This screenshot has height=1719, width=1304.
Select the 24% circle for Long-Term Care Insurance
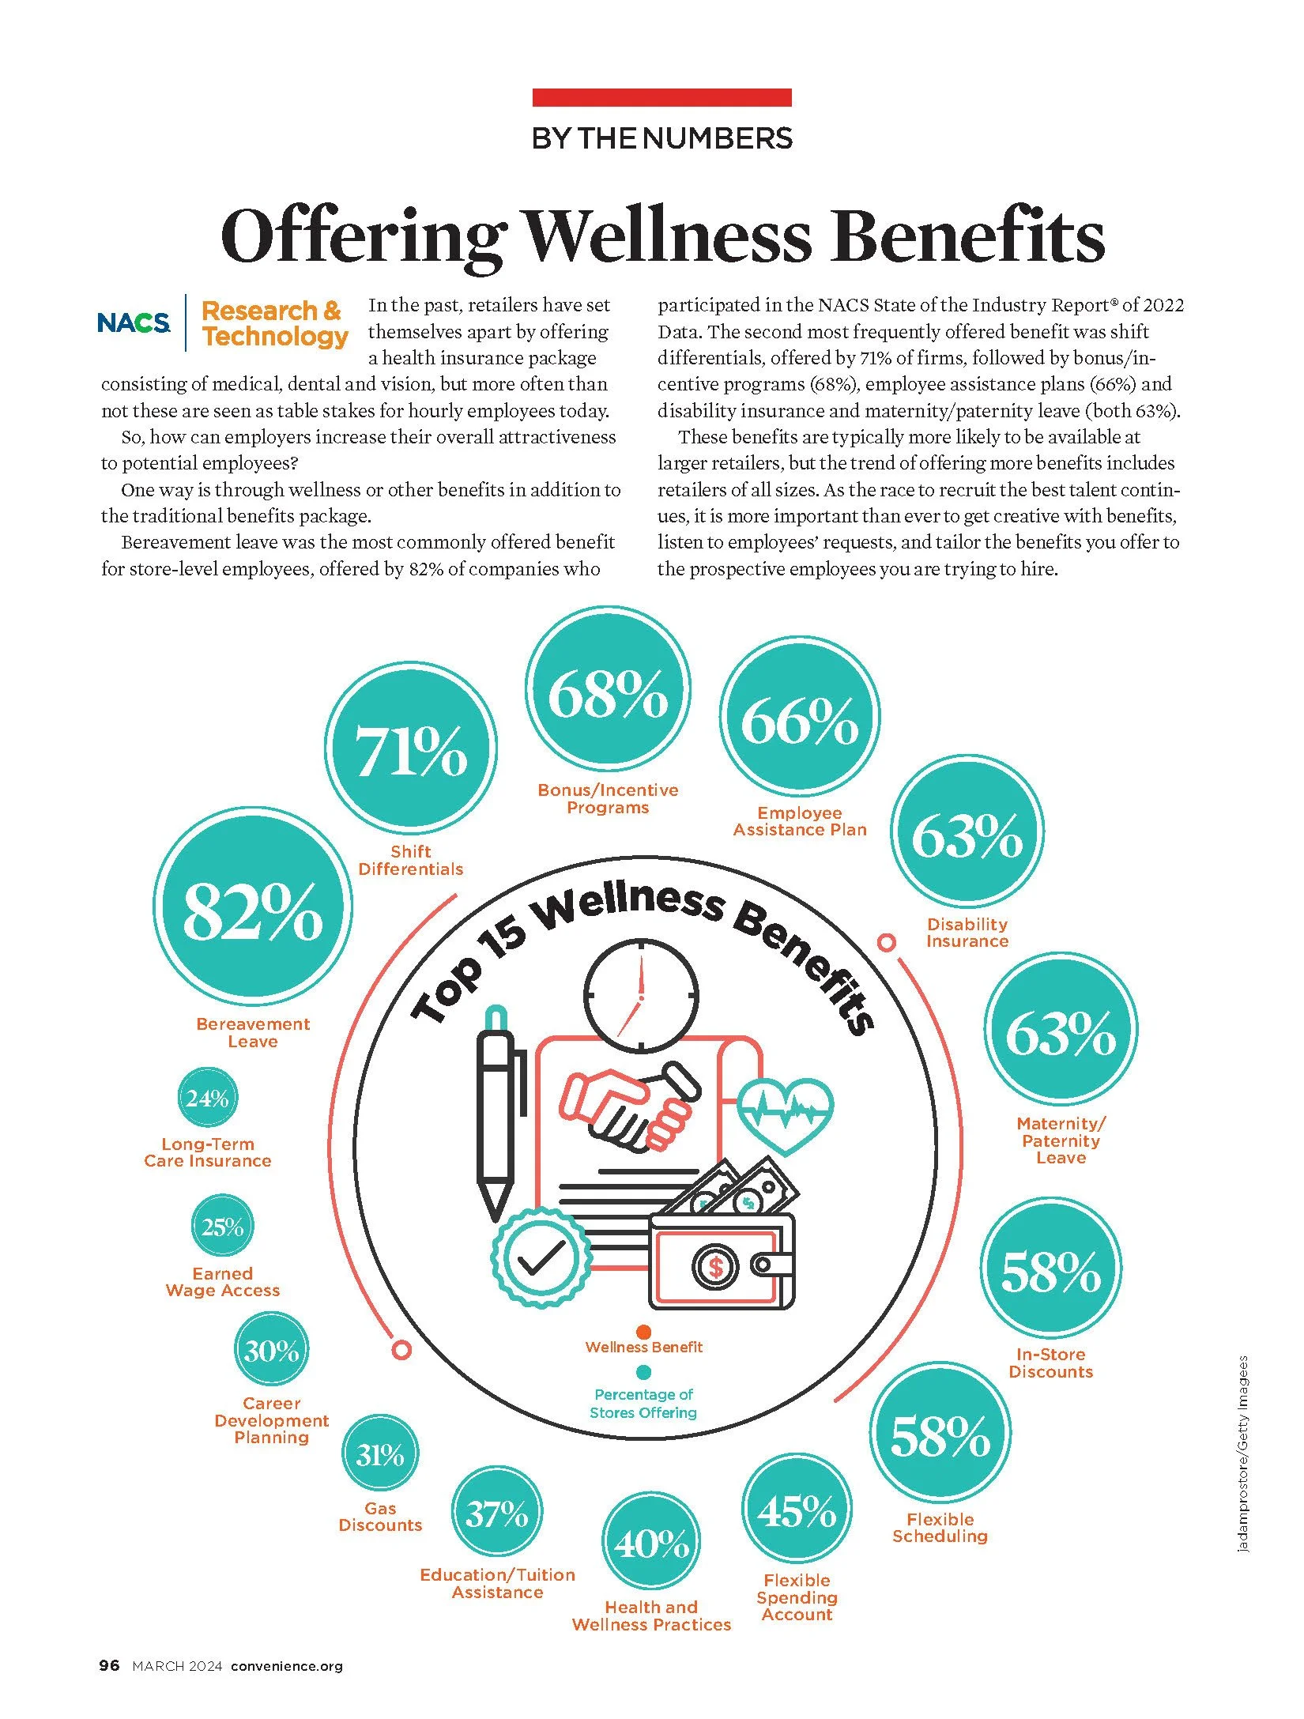pos(208,1098)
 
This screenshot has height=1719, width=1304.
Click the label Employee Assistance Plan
pos(800,821)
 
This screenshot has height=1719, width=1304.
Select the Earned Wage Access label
pos(223,1282)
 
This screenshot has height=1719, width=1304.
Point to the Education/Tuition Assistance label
pos(498,1583)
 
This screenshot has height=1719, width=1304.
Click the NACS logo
pos(134,322)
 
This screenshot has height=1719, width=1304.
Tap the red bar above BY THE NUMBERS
pos(662,97)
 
